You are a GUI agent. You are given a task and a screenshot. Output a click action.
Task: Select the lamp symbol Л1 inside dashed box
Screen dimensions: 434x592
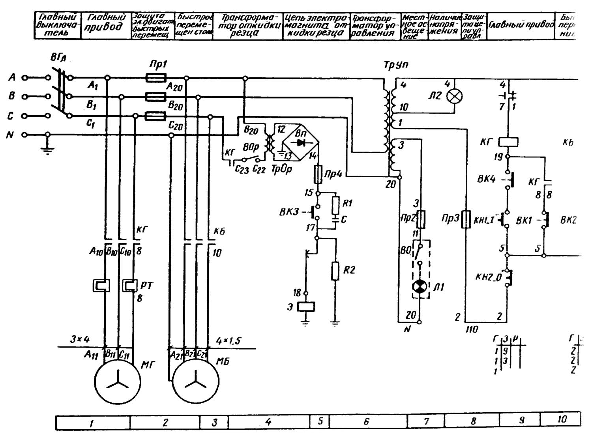click(x=420, y=287)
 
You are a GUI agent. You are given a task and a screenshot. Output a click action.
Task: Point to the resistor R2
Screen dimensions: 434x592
click(x=335, y=271)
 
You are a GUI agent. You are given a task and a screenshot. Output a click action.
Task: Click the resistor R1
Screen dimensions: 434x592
click(x=335, y=204)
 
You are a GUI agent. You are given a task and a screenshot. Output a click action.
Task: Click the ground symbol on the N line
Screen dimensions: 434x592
click(x=47, y=149)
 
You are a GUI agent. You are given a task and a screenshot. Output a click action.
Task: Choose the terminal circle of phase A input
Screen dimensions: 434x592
click(x=25, y=78)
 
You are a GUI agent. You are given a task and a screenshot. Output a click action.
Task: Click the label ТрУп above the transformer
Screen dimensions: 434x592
click(x=395, y=65)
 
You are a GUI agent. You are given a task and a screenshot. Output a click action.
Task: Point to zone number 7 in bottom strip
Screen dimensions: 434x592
click(x=426, y=421)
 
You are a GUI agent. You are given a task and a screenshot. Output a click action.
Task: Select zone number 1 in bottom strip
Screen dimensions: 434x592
click(x=92, y=423)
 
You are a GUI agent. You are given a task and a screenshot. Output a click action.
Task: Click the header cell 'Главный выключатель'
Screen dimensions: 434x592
click(x=57, y=25)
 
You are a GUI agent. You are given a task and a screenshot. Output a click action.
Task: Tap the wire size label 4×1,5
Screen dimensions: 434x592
click(x=229, y=340)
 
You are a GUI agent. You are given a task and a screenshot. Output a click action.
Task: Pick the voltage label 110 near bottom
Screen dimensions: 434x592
click(x=472, y=329)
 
